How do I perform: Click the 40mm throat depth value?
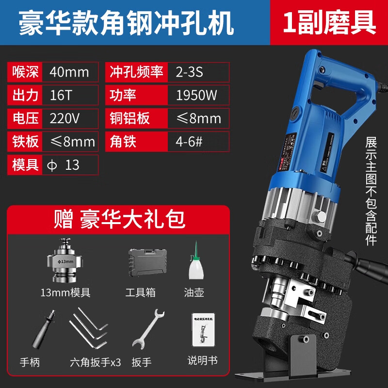click(70, 72)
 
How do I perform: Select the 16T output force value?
click(61, 96)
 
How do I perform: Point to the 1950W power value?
click(196, 96)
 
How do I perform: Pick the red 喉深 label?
click(25, 72)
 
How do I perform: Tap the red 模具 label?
click(25, 165)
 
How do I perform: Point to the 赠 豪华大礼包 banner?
click(119, 219)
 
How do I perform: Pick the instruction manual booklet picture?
click(203, 330)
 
